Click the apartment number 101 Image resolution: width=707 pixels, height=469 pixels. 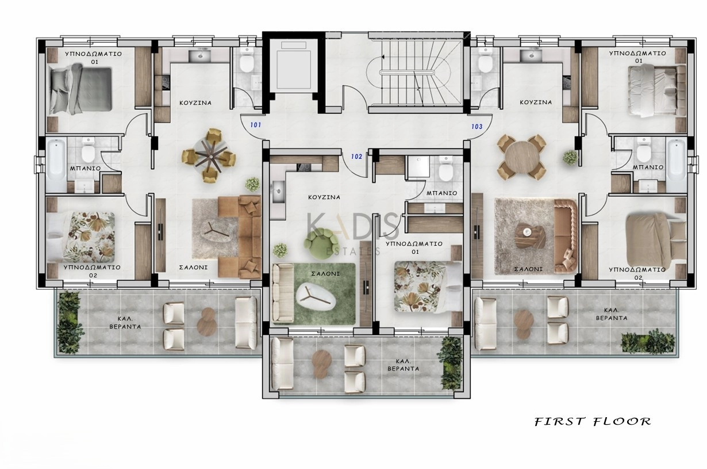[256, 125]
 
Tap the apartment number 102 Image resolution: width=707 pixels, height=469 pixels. [356, 157]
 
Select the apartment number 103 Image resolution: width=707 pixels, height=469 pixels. [477, 127]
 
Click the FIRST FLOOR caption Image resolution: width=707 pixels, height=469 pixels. [593, 421]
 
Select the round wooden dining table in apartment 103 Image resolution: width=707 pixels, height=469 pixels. [521, 157]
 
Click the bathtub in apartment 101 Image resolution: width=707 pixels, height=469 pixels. [56, 165]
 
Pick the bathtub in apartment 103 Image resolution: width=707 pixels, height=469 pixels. [676, 165]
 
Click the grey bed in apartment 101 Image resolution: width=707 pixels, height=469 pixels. [81, 89]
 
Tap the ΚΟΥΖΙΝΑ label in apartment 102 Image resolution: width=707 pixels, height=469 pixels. [324, 197]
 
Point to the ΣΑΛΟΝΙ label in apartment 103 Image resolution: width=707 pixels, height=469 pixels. [529, 269]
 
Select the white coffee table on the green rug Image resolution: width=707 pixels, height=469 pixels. [316, 297]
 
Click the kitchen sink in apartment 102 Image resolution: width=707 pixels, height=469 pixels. [278, 192]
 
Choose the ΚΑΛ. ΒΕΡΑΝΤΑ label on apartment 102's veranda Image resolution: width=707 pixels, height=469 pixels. [404, 365]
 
